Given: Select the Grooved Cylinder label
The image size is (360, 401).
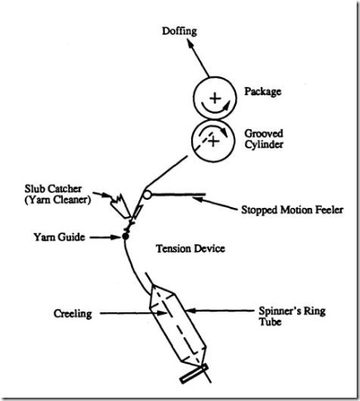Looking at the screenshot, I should coord(267,138).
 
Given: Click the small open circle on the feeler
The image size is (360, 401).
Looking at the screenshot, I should coord(147,196).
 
